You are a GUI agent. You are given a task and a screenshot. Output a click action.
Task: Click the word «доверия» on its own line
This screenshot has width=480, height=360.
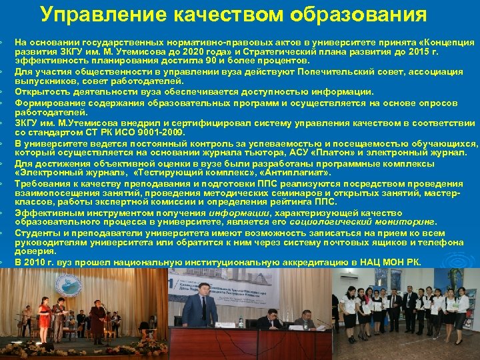click(x=31, y=253)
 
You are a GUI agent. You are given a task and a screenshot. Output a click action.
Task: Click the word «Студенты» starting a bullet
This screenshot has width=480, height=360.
click(x=36, y=233)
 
